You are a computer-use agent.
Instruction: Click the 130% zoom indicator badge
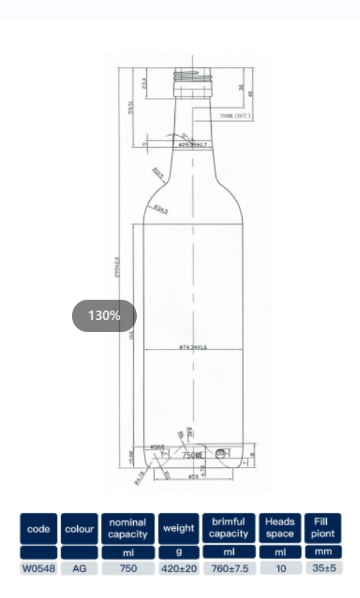[104, 316]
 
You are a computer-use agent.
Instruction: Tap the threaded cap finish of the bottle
[192, 75]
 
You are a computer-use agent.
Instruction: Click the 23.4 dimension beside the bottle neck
[144, 84]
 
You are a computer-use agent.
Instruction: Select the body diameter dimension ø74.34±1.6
[193, 347]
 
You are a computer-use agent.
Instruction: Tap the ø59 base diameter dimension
[193, 477]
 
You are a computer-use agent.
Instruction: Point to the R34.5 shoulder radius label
[161, 210]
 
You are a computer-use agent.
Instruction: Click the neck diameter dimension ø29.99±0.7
[192, 145]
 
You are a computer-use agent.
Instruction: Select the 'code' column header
[38, 529]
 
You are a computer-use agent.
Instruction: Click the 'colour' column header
[79, 529]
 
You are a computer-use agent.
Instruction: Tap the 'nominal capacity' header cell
[127, 528]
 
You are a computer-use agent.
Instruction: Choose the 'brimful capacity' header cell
[228, 528]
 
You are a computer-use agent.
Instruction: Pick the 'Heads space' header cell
[279, 528]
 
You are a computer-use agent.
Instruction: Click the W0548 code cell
[38, 568]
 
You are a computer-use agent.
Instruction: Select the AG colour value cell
[79, 568]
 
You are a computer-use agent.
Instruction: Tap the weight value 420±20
[178, 568]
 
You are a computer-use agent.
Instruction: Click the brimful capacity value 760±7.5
[228, 568]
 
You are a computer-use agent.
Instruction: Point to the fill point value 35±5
[323, 568]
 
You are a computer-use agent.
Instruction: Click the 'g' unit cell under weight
[178, 552]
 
